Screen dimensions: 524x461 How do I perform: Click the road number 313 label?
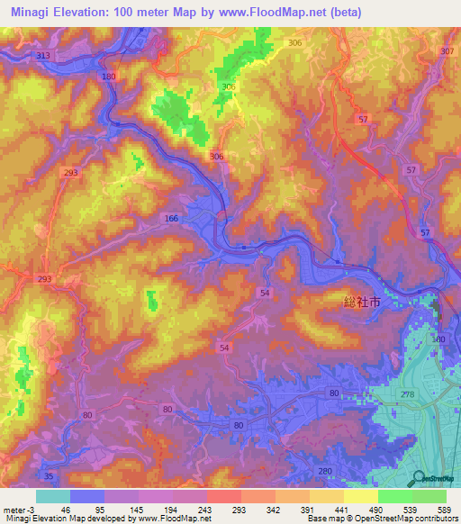(42, 56)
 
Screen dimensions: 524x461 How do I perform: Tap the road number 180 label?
(110, 77)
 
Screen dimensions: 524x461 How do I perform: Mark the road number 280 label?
(325, 471)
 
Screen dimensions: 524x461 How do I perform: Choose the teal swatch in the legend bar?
(53, 496)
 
